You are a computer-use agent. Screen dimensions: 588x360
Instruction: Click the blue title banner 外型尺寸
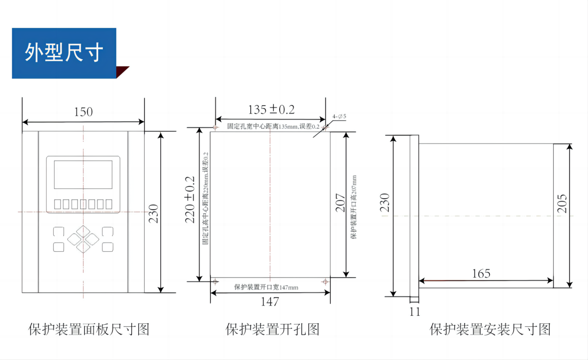coord(64,53)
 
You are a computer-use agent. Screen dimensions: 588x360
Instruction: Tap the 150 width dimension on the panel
coord(83,112)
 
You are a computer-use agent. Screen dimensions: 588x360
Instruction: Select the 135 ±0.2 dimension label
coord(271,110)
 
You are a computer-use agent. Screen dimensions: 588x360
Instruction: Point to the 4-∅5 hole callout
coord(339,116)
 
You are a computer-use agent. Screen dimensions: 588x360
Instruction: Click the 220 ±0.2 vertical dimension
coord(190,200)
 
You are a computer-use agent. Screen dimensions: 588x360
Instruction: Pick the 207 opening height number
coord(340,203)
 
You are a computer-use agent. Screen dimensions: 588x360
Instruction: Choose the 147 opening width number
coord(269,301)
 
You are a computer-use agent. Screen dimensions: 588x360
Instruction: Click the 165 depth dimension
coord(481,274)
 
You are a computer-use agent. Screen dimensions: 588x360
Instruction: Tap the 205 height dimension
coord(562,204)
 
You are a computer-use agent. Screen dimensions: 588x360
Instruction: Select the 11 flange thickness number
coord(415,312)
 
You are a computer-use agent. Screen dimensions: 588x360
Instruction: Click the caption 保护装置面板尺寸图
coord(89,329)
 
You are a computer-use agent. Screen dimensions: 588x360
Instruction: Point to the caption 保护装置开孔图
coord(273,329)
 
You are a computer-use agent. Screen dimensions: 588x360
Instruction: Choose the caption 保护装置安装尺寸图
coord(490,329)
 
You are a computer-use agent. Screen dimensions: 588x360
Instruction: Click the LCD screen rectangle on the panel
coord(83,174)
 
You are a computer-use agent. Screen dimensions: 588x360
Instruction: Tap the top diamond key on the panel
coord(83,231)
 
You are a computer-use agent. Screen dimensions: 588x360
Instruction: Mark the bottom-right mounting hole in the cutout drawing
coord(325,282)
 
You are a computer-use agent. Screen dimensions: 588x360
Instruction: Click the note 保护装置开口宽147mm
coord(266,287)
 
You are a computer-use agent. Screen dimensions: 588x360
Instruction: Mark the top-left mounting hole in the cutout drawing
coord(215,127)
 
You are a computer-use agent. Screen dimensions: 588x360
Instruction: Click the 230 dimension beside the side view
coord(385,203)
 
